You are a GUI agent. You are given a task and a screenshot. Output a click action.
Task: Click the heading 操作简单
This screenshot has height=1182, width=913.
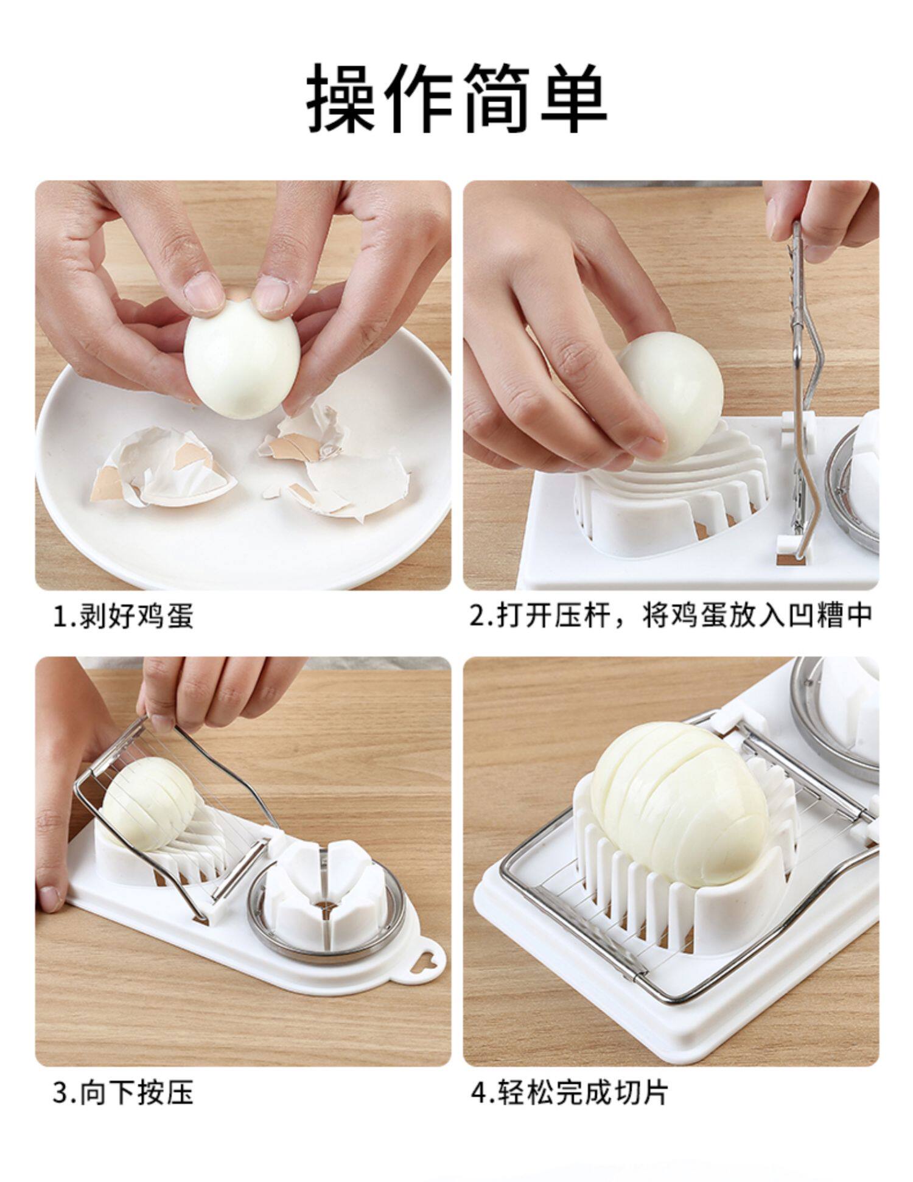coord(456,97)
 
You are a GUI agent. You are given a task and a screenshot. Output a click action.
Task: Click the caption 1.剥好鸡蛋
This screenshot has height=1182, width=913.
coord(124,616)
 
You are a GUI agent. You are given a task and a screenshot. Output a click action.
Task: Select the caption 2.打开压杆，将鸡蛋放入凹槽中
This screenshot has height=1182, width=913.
coord(671,616)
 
